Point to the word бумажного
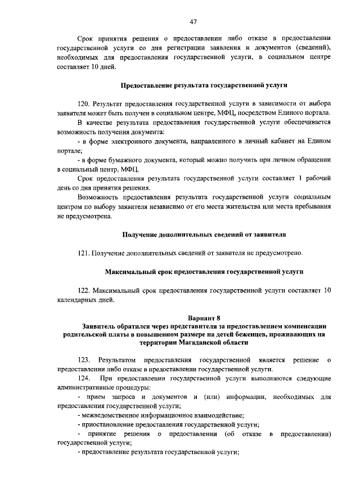tap(123, 160)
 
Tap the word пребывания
tap(307, 206)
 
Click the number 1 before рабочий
tap(301, 178)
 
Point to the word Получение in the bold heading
tap(141, 234)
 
